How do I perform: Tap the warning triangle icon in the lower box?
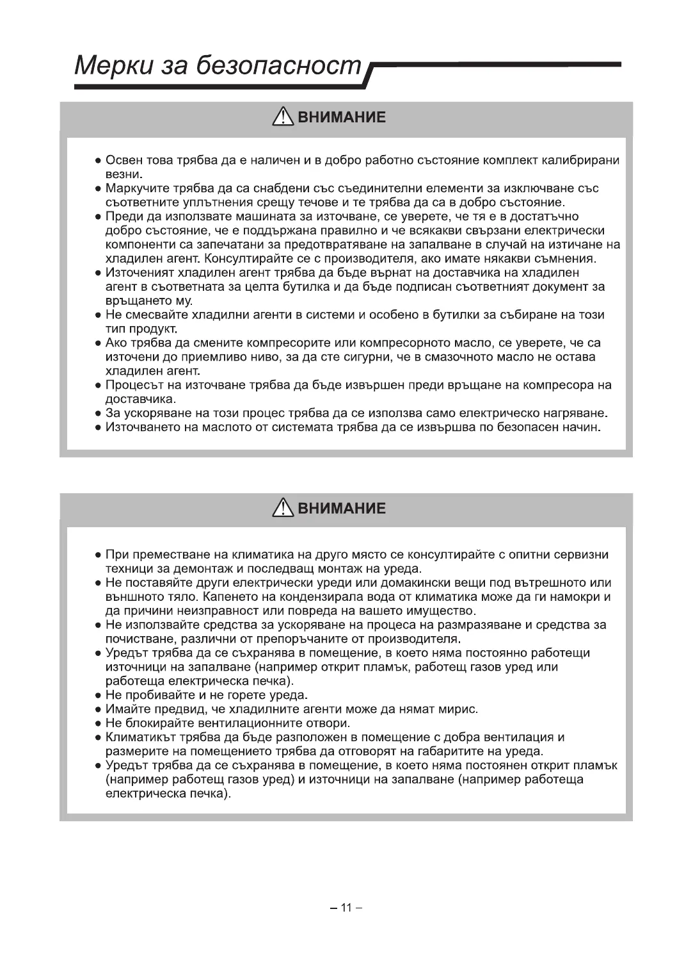282,509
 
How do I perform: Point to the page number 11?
346,907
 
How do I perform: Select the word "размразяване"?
486,625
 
